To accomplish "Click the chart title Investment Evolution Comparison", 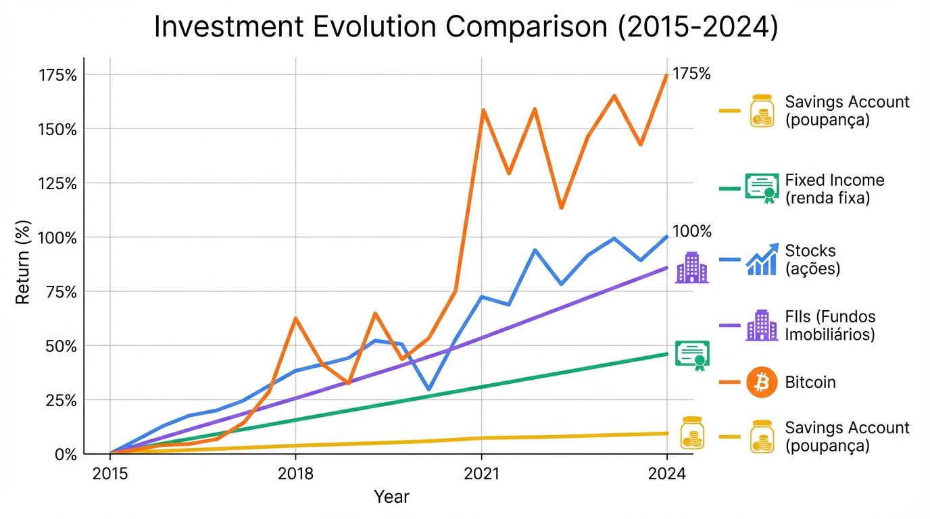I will [x=466, y=27].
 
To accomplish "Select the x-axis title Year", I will [x=391, y=497].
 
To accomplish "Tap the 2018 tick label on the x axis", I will [x=295, y=473].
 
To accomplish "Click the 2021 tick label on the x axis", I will [x=481, y=473].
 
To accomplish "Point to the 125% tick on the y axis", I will [x=57, y=183].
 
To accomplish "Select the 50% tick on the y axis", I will [x=62, y=346].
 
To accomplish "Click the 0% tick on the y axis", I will [x=66, y=454].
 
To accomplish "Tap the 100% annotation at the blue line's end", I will [x=692, y=232].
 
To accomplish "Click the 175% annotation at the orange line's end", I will [x=691, y=74].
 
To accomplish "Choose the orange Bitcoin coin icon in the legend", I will [x=762, y=382].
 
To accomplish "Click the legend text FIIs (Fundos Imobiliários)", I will [x=830, y=326].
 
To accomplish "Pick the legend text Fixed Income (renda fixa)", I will [x=834, y=189].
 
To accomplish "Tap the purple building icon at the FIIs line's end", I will [x=691, y=268].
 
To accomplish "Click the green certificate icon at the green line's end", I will [x=693, y=355].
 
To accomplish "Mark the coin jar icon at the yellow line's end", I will [x=692, y=432].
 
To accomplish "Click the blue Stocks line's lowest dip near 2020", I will [x=429, y=390].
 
